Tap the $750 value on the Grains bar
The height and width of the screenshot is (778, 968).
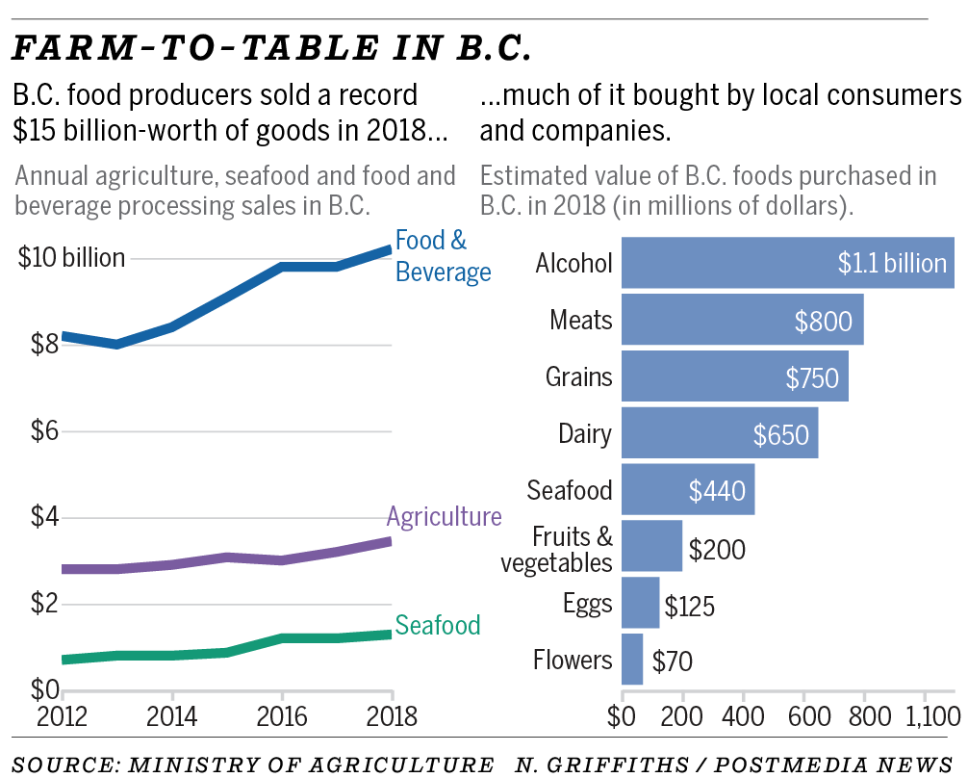[x=812, y=377]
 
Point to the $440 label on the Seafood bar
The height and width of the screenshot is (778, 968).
[x=717, y=490]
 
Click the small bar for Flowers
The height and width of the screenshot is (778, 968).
[x=632, y=660]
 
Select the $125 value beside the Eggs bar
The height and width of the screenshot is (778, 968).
[x=689, y=607]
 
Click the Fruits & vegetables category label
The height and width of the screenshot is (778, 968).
[x=557, y=549]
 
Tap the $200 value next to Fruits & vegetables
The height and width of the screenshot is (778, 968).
[x=718, y=550]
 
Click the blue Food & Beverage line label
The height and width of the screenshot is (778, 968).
[x=443, y=256]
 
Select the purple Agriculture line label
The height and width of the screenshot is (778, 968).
[x=444, y=516]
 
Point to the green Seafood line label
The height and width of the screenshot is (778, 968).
[x=438, y=625]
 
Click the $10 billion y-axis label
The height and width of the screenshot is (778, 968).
[x=72, y=258]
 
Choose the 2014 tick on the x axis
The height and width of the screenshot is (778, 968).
[x=171, y=717]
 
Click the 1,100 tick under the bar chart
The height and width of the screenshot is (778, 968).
[x=925, y=717]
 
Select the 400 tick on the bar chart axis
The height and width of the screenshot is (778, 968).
[x=744, y=717]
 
